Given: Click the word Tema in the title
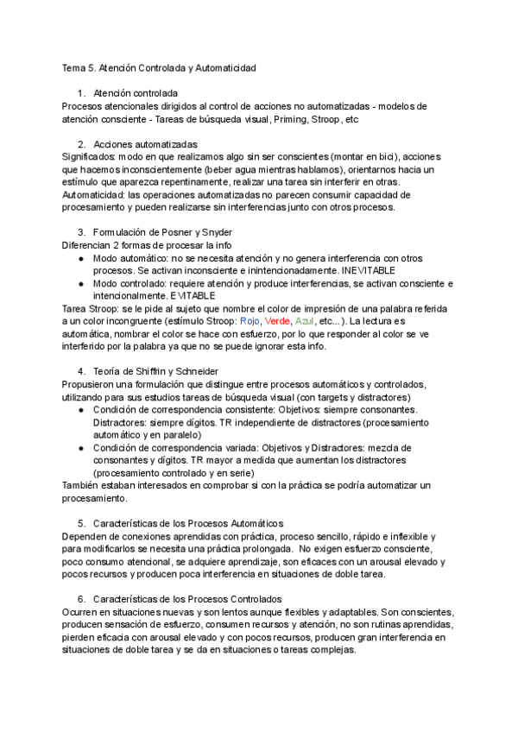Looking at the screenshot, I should (74, 66).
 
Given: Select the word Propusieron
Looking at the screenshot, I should (90, 384).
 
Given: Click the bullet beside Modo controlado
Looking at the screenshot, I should (80, 283).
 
